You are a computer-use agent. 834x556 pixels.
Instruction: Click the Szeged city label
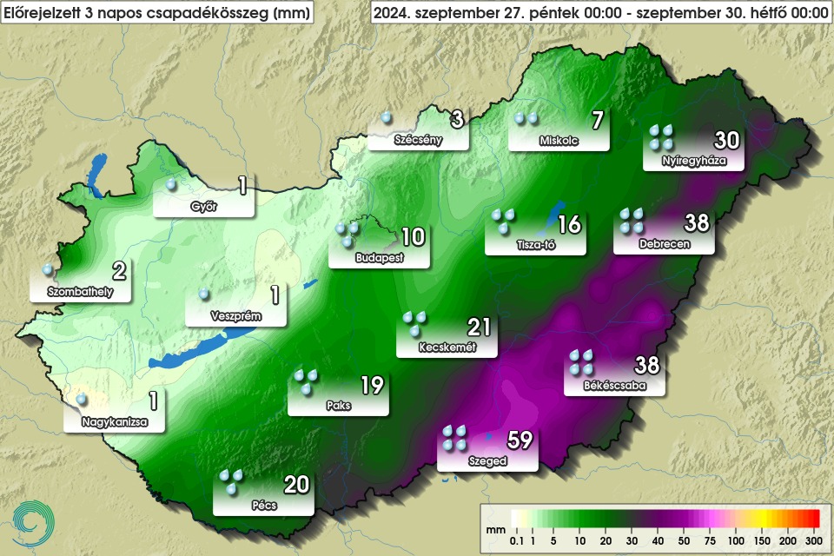(x=487, y=461)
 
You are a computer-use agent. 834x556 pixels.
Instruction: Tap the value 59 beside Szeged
(x=520, y=440)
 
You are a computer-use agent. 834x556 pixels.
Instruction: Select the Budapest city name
(x=379, y=258)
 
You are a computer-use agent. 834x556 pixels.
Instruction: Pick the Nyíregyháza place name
(x=692, y=160)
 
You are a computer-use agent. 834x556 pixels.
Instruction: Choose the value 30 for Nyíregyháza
(x=726, y=140)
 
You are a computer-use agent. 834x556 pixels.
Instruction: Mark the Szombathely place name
(x=80, y=292)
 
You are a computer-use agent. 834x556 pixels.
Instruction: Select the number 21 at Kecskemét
(x=479, y=328)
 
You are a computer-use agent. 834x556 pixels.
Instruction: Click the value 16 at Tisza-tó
(x=569, y=225)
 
